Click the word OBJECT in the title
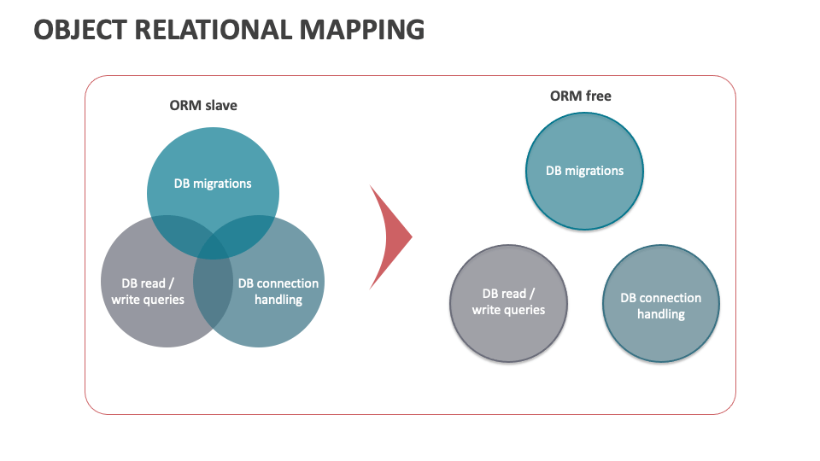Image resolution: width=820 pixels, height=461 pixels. [80, 30]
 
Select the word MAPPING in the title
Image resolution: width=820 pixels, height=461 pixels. [362, 30]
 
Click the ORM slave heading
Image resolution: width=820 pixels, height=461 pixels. [203, 105]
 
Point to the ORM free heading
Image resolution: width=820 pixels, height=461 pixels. [581, 96]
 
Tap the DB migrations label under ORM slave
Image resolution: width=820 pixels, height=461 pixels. [213, 184]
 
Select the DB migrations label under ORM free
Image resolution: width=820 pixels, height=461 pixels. [584, 171]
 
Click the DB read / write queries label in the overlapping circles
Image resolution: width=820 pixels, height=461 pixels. [148, 291]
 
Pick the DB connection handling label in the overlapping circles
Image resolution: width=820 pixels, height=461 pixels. [278, 291]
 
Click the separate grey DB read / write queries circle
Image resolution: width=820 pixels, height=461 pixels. [508, 303]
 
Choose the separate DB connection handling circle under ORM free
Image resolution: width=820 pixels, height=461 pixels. [661, 304]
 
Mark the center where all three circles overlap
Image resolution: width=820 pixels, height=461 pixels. [213, 247]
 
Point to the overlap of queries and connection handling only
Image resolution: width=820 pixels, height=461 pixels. [213, 293]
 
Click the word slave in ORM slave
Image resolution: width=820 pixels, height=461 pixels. [220, 105]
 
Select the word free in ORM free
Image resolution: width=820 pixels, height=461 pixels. [598, 96]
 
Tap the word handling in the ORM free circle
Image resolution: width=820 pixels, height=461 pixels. [661, 314]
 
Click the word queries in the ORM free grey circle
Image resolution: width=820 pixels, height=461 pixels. [523, 310]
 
